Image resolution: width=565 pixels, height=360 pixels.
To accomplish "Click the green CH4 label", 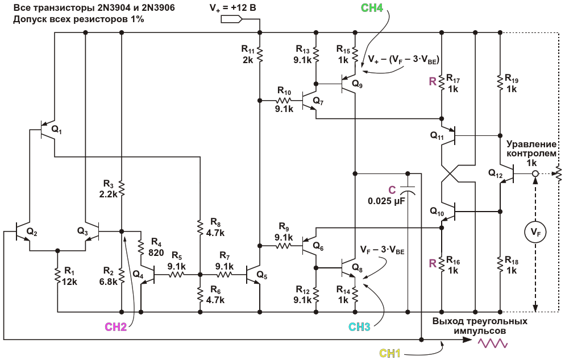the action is click(x=372, y=7).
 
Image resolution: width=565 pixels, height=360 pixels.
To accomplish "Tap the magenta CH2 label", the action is click(x=115, y=327).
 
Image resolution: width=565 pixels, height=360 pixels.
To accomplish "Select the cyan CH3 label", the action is click(x=359, y=327).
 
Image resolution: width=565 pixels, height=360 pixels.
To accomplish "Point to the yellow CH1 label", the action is click(x=389, y=353).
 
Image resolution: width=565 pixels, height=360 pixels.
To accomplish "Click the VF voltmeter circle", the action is click(x=535, y=233).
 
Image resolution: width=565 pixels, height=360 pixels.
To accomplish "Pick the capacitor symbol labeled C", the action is click(x=408, y=191).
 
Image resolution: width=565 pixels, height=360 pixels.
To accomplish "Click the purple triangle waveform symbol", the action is click(x=493, y=343).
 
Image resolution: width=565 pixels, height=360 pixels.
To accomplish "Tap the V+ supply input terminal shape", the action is click(x=231, y=19).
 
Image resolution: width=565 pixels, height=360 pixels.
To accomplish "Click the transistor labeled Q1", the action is click(x=47, y=130).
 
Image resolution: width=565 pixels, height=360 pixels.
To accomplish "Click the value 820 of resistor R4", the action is click(x=156, y=253).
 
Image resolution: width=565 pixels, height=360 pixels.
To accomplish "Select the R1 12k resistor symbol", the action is click(x=57, y=276).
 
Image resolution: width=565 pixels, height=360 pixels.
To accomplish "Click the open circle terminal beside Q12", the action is click(x=535, y=173).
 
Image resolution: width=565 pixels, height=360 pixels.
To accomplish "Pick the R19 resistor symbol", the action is click(x=500, y=82).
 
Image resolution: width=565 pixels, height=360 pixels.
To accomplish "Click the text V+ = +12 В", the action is click(x=233, y=7).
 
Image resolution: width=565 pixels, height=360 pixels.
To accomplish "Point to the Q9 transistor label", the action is click(x=357, y=84).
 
